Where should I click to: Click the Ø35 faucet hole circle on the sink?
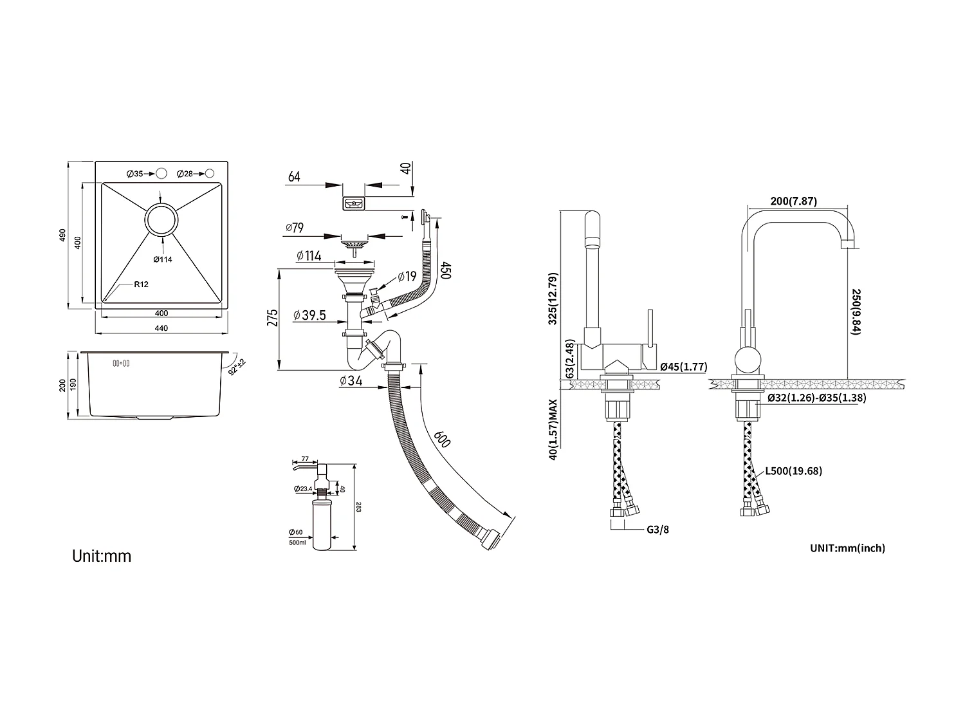(161, 174)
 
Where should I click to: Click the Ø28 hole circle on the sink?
(210, 174)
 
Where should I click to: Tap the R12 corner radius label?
(142, 284)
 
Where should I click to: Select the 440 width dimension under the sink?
(161, 328)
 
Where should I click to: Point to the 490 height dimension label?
(63, 235)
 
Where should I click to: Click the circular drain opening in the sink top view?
(161, 220)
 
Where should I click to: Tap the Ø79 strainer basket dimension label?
(294, 228)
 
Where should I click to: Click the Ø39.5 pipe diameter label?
(309, 315)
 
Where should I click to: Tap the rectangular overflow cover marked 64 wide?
(354, 204)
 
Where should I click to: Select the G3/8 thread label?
(657, 530)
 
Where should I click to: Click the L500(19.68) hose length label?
(793, 471)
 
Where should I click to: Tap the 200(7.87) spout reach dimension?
(793, 201)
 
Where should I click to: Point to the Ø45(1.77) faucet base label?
(683, 367)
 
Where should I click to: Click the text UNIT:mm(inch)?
(847, 548)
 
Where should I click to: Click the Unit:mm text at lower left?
(102, 555)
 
